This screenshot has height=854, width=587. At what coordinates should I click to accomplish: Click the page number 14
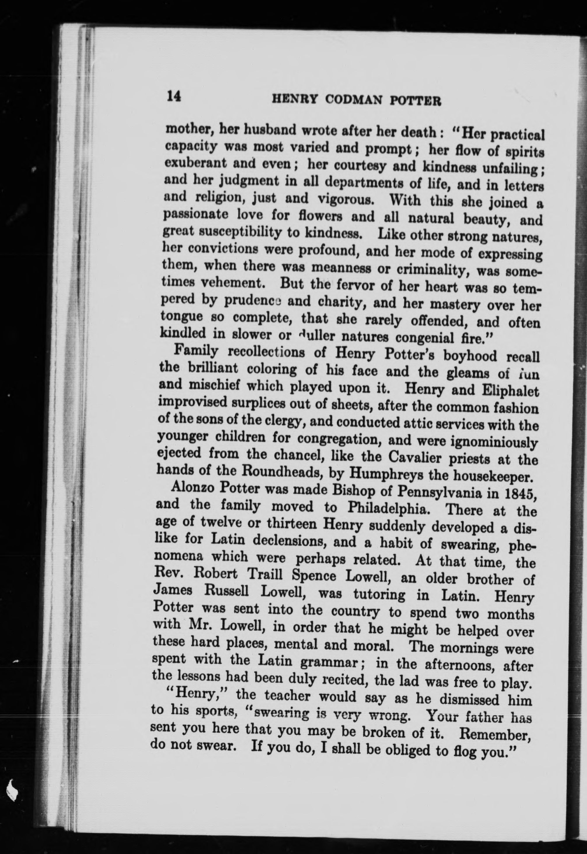click(x=174, y=97)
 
